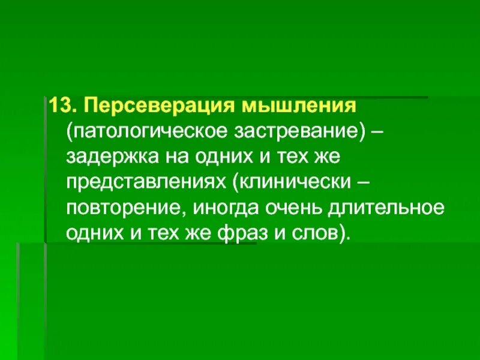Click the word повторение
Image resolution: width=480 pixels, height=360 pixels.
[x=121, y=208]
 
